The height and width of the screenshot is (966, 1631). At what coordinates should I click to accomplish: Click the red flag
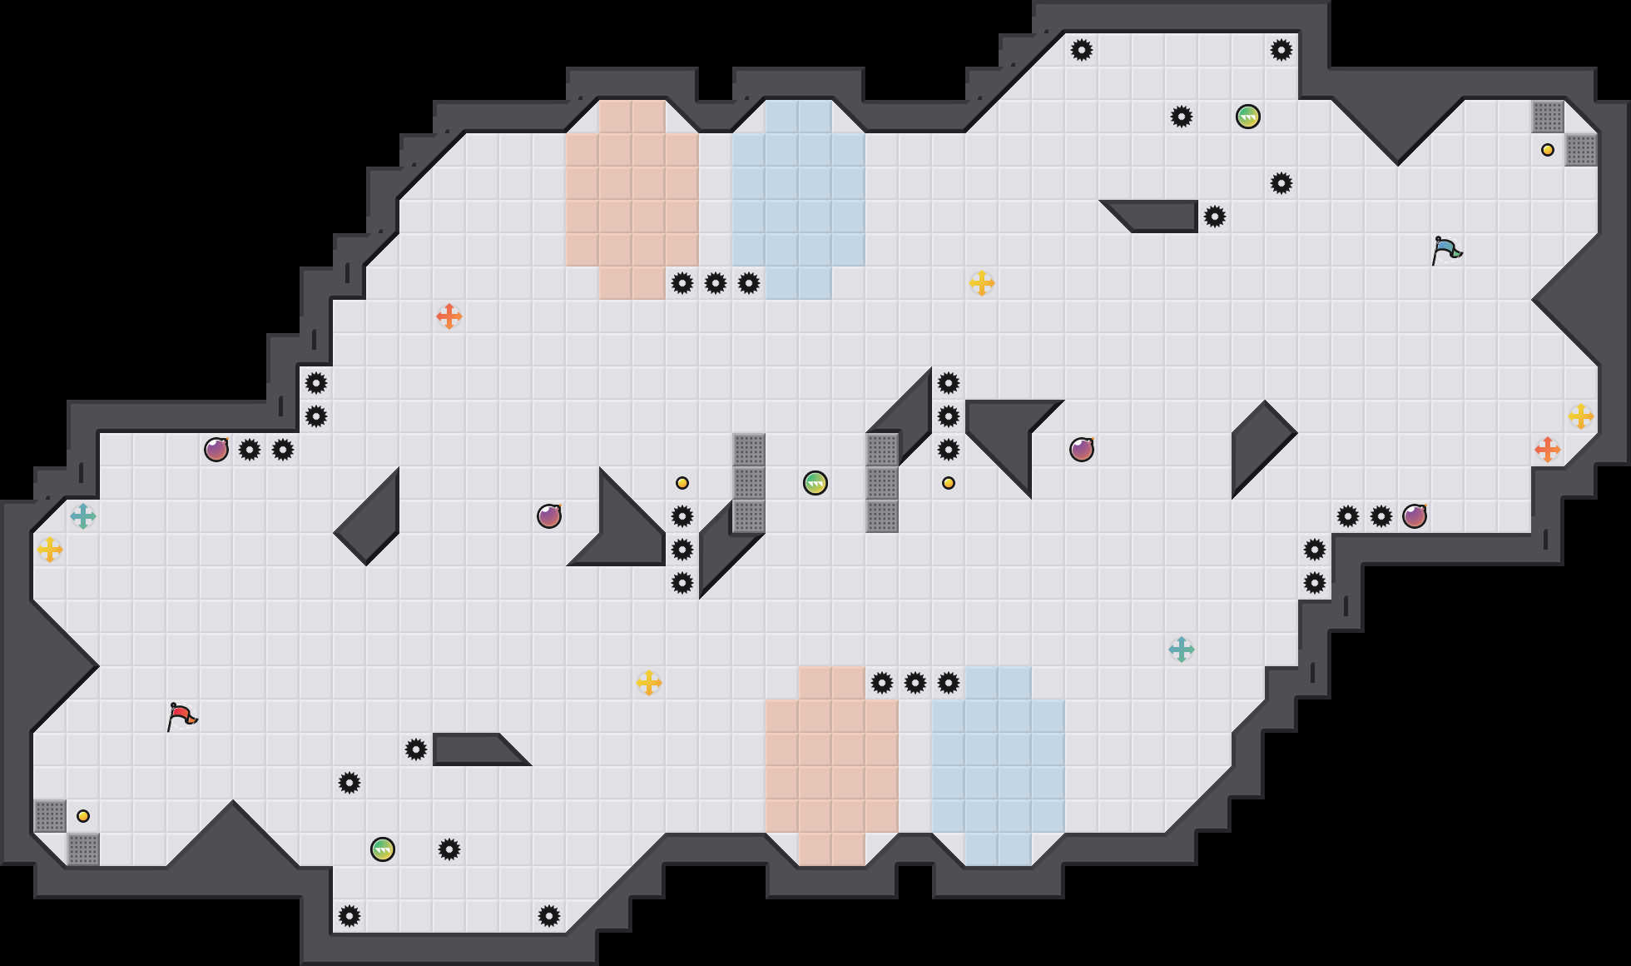coord(181,716)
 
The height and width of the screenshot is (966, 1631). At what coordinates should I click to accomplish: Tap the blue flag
coord(1445,250)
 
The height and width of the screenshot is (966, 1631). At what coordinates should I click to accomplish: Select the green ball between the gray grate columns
coord(815,483)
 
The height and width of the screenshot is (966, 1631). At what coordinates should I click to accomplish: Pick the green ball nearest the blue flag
coord(1248,117)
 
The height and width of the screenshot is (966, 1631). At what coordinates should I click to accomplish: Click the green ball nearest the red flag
coord(383,849)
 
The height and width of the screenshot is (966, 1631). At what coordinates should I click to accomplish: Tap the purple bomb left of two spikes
coord(216,450)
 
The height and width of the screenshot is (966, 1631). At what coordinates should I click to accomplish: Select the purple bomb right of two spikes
coord(1415,516)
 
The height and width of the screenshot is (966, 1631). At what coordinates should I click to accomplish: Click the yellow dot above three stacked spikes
coord(682,483)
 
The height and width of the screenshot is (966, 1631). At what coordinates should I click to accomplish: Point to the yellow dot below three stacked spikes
coord(949,483)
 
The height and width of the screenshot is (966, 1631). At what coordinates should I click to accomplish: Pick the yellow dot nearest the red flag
coord(83,816)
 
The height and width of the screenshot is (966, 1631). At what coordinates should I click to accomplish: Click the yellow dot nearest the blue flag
coord(1548,150)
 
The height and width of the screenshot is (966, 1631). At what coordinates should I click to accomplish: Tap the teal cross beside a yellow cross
coord(83,516)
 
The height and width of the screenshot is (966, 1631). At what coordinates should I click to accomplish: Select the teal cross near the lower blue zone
coord(1182,650)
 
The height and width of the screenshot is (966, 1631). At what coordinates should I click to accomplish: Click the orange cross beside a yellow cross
coord(1548,450)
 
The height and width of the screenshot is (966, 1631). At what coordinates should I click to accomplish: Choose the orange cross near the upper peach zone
coord(449,316)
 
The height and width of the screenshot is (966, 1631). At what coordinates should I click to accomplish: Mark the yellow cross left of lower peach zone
coord(649,683)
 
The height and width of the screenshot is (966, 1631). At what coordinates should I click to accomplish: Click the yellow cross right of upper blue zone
coord(982,283)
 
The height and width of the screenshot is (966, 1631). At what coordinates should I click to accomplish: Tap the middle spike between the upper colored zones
coord(716,283)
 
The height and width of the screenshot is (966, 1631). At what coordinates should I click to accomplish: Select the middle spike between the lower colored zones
coord(915,683)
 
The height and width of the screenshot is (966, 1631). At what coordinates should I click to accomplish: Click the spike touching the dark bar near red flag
coord(416,749)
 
